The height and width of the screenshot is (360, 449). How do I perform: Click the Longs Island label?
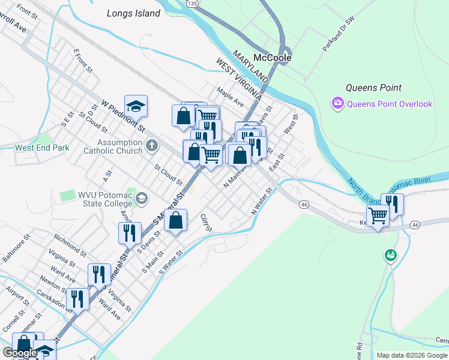coord(133,13)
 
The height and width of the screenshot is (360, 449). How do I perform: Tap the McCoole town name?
coord(272,58)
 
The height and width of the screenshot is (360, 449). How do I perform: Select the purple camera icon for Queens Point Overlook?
coord(338,104)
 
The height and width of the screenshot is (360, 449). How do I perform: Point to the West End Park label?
coord(42,148)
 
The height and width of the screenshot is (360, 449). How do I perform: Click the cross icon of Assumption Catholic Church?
coord(152,144)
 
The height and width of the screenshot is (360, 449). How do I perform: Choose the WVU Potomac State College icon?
coord(142,199)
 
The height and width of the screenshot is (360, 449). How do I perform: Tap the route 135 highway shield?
coord(192,4)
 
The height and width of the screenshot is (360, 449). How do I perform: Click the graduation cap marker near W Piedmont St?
coord(136,106)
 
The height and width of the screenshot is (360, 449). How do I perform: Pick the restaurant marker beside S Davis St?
coord(130,233)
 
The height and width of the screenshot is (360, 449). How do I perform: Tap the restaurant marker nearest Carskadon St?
coord(77,298)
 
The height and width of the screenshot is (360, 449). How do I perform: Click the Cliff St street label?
coord(206,224)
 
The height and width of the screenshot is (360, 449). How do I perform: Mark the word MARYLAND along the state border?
coord(251,66)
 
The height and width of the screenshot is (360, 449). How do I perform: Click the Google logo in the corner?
coord(19,353)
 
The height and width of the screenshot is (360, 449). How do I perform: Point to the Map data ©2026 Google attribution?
coord(412,355)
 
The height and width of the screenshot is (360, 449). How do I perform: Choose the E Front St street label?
coord(83,61)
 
